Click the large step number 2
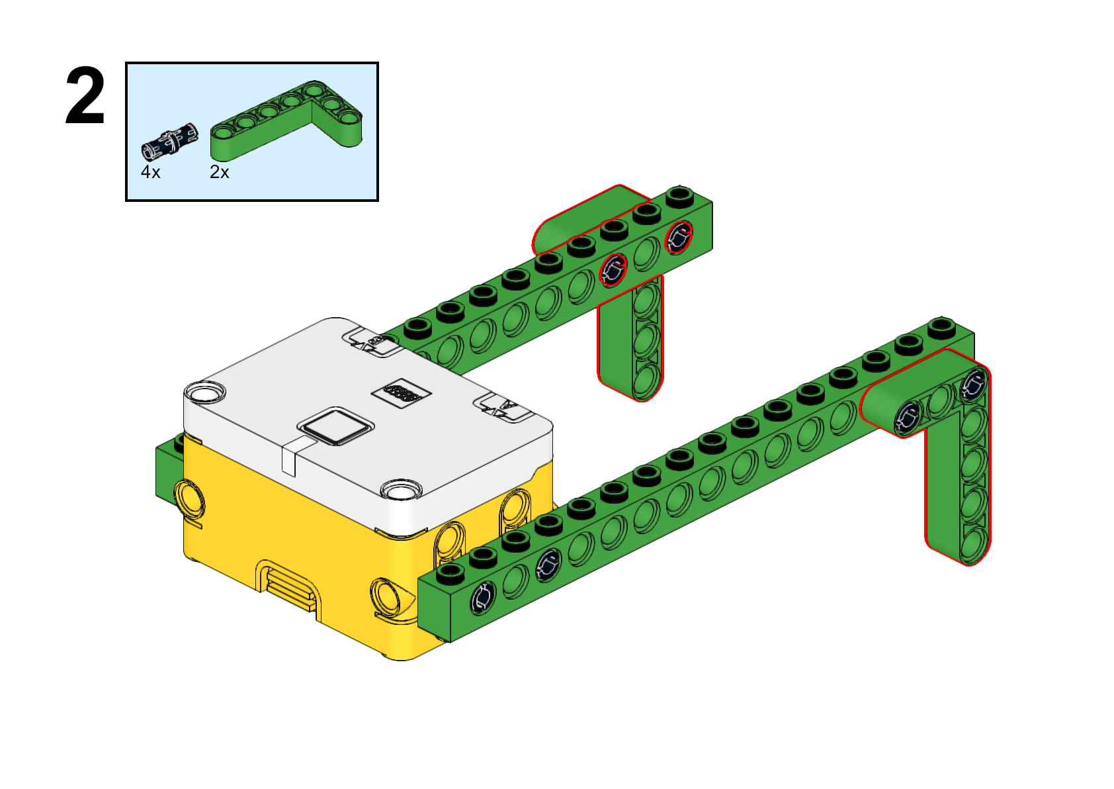(x=85, y=95)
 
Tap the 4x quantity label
(x=151, y=172)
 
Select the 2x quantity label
(x=220, y=172)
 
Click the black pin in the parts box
(x=169, y=141)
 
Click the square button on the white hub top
(x=335, y=426)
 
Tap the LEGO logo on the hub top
(x=402, y=394)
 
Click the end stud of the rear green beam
(x=680, y=195)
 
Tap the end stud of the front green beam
(x=941, y=327)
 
